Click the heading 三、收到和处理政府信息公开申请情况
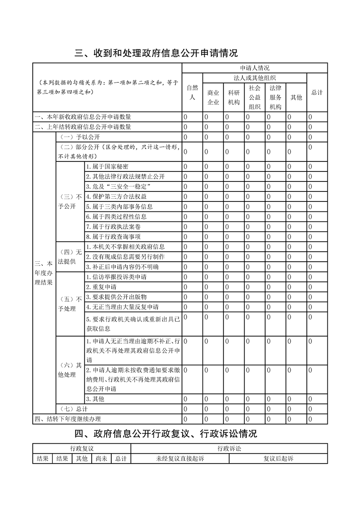coord(156,53)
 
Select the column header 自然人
coord(192,92)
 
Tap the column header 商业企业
coord(213,97)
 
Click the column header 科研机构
coord(234,97)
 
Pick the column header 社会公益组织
coord(255,97)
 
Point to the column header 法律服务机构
coord(276,97)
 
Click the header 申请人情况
coord(254,68)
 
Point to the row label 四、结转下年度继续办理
coord(68,419)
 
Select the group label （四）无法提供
coord(70,257)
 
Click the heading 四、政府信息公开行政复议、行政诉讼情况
coord(166,434)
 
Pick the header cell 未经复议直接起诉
coord(180,459)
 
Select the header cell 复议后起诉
coord(278,459)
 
